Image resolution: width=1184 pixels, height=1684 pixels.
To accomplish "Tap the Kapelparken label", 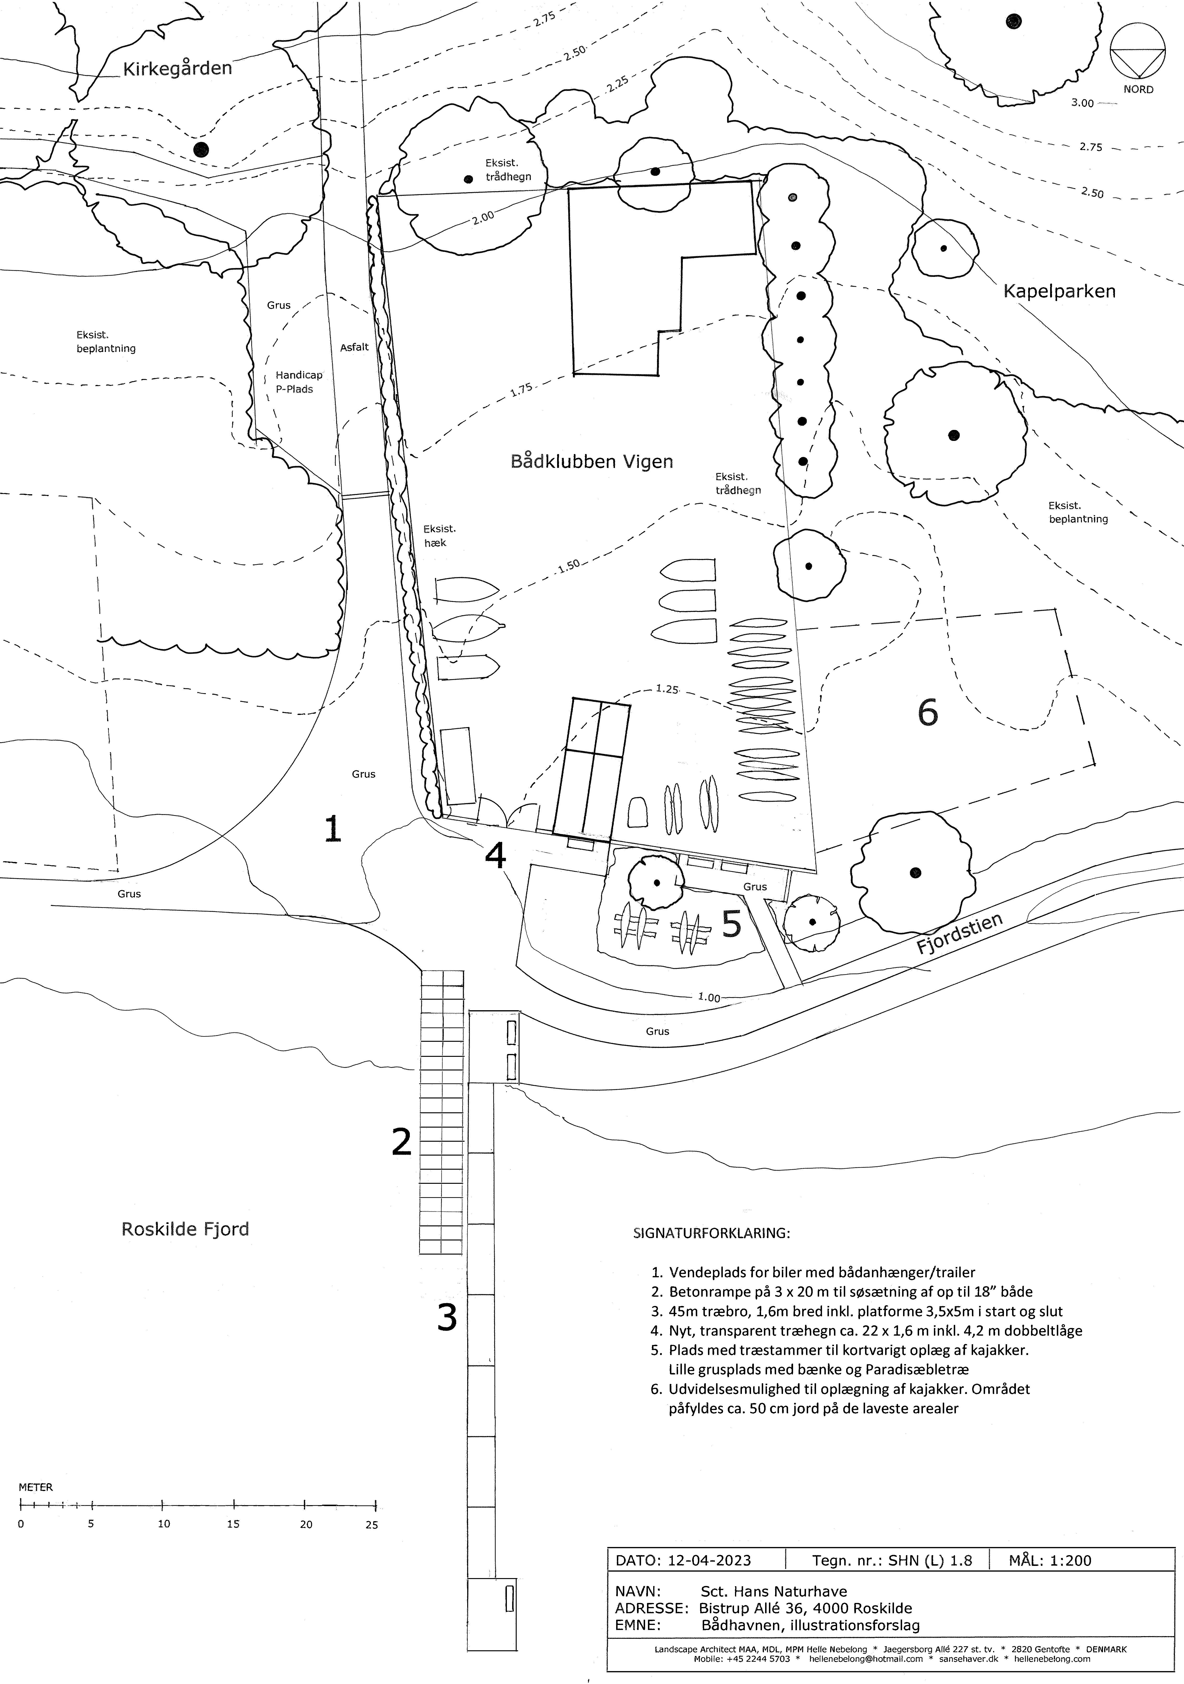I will tap(1059, 291).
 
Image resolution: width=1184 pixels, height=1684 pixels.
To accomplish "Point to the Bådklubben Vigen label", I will tap(591, 461).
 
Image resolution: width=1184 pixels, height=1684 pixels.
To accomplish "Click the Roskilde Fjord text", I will tap(185, 1229).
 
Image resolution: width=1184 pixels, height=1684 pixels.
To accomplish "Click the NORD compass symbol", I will tap(1138, 62).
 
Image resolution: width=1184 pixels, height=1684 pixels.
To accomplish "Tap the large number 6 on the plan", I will tap(928, 711).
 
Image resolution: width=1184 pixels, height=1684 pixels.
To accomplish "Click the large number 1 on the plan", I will tap(333, 829).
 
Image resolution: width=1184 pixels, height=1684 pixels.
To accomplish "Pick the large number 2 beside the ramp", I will tap(401, 1142).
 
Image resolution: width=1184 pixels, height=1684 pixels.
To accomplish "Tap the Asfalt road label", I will tap(354, 347).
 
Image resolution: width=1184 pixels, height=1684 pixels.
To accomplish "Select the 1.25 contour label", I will tap(667, 689).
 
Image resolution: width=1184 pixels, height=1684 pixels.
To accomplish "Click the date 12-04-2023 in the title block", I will tap(709, 1560).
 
